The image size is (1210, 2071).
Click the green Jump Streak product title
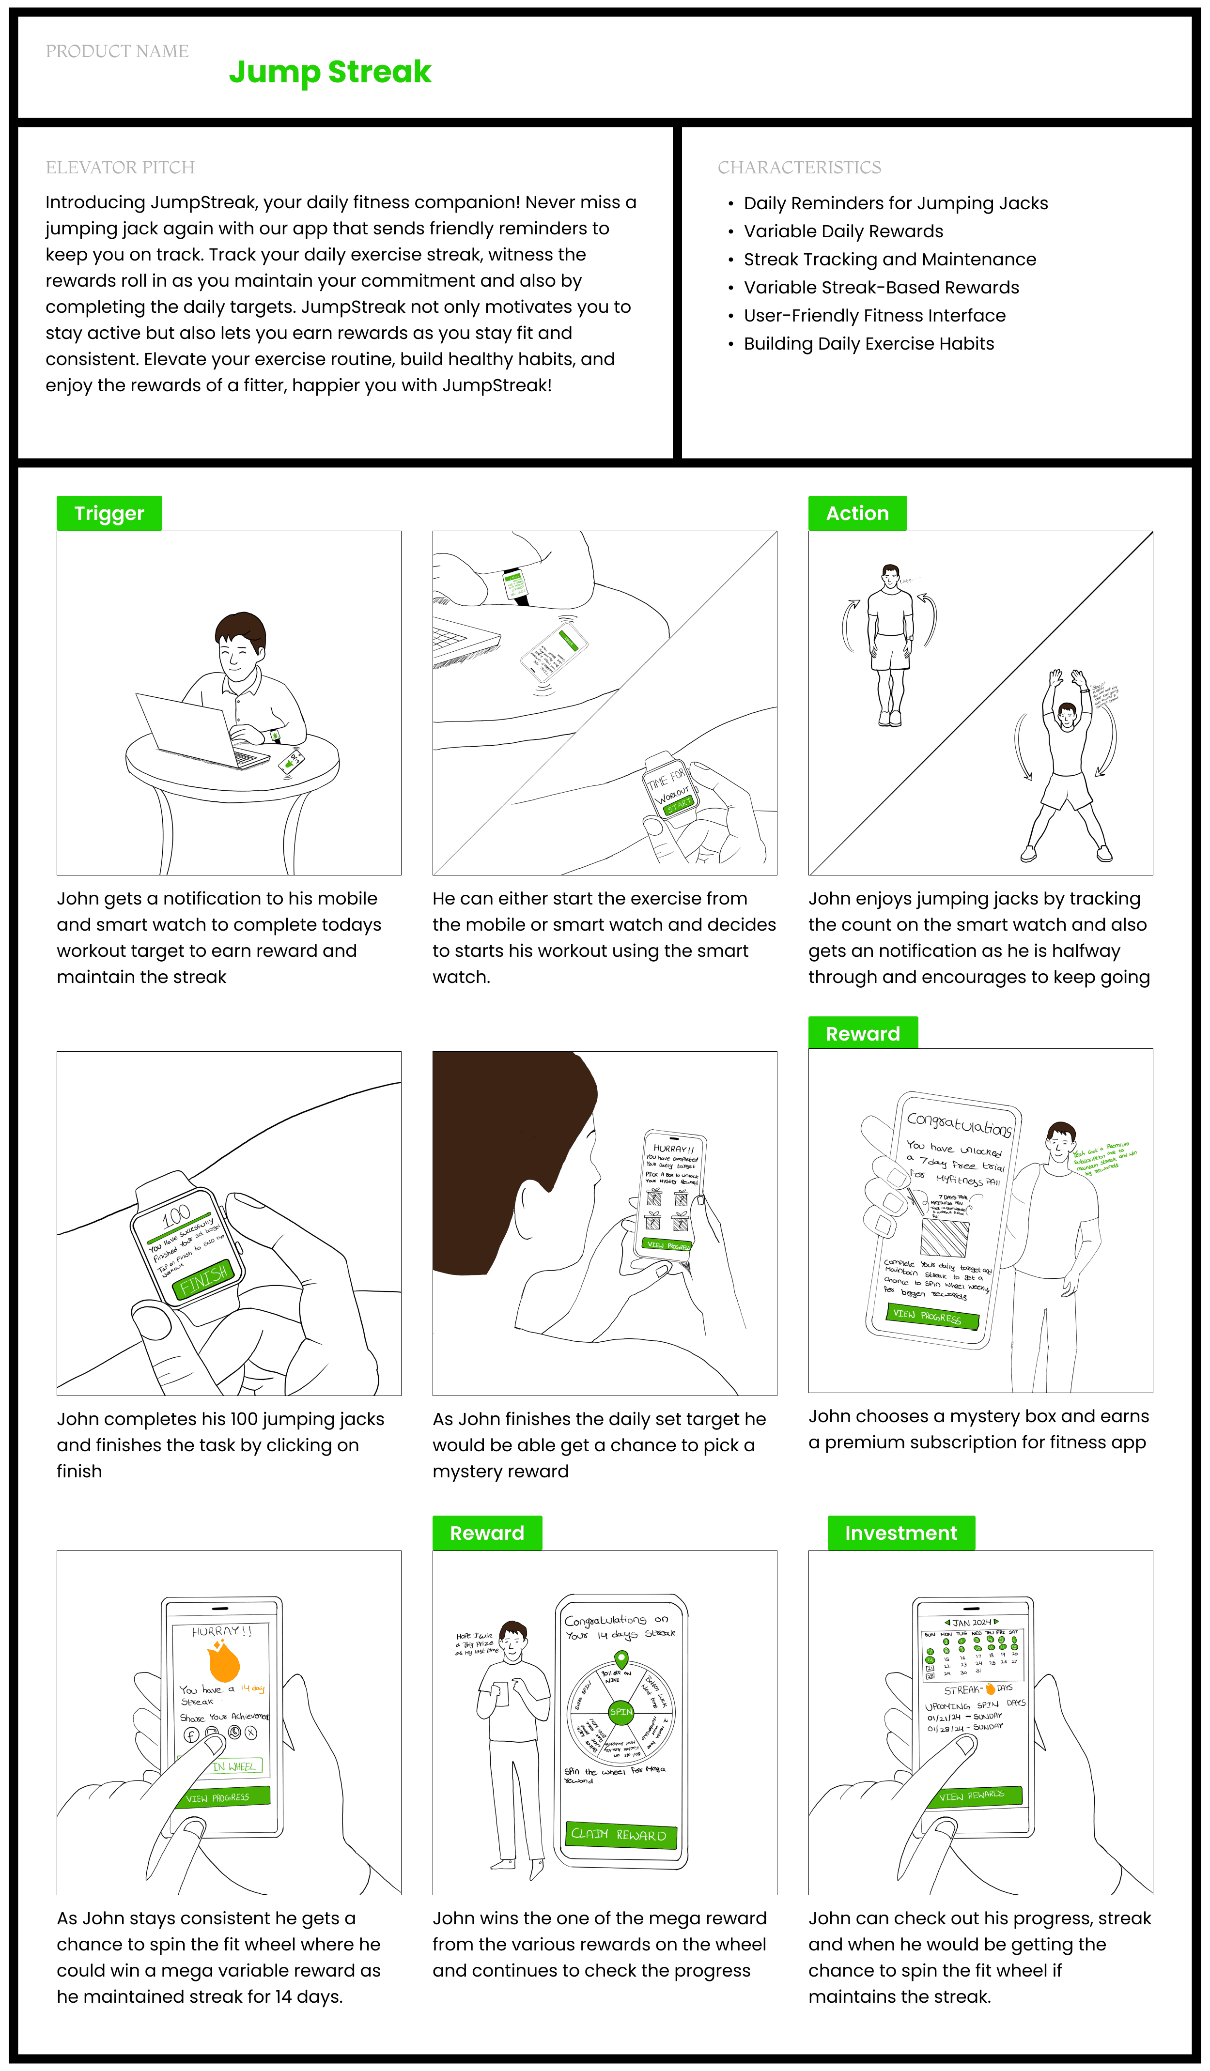[x=330, y=72]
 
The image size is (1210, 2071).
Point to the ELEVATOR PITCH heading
[x=120, y=168]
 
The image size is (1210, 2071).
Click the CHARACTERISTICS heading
[x=799, y=168]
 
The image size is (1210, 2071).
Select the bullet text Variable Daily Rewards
[x=843, y=232]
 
